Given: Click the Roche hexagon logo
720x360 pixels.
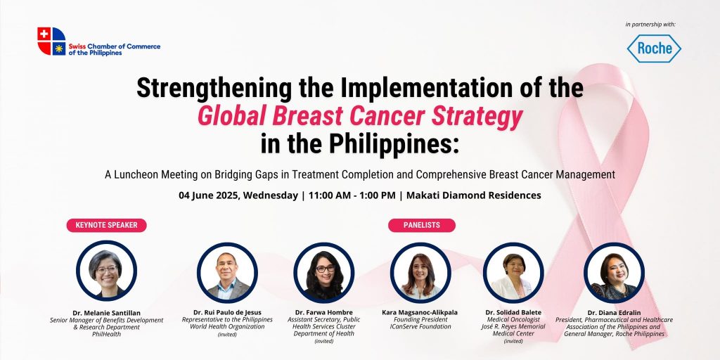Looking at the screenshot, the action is pyautogui.click(x=654, y=49).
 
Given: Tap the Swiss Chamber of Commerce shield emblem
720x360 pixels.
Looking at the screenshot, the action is pyautogui.click(x=51, y=41).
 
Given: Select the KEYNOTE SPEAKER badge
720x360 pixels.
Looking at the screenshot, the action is pyautogui.click(x=107, y=225).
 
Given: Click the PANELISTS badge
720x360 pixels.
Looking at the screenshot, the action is pyautogui.click(x=422, y=225).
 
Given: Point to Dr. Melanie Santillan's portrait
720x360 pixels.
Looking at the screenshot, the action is pyautogui.click(x=107, y=271).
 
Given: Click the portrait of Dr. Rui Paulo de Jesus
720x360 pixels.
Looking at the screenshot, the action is pyautogui.click(x=227, y=272).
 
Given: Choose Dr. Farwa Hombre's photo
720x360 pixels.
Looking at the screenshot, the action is pyautogui.click(x=323, y=272).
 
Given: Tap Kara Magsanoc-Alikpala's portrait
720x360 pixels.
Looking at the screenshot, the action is pyautogui.click(x=420, y=272).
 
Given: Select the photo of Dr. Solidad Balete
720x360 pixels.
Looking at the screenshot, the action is pyautogui.click(x=513, y=272).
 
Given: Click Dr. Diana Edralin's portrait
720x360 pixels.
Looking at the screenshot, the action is pyautogui.click(x=614, y=272).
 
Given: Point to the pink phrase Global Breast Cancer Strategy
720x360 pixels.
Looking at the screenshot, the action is pyautogui.click(x=360, y=117).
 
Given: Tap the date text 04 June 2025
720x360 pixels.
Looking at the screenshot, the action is pyautogui.click(x=209, y=195).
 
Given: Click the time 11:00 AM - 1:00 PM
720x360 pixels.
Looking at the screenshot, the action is pyautogui.click(x=352, y=195).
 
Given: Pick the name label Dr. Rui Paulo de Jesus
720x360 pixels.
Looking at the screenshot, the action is pyautogui.click(x=227, y=313).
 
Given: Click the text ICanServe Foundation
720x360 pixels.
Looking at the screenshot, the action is pyautogui.click(x=420, y=327).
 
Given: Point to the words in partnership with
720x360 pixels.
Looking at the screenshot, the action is pyautogui.click(x=650, y=25).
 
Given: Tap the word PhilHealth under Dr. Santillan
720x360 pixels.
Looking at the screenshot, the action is pyautogui.click(x=107, y=334).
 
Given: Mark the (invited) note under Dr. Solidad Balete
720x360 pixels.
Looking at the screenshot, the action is pyautogui.click(x=513, y=341).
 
